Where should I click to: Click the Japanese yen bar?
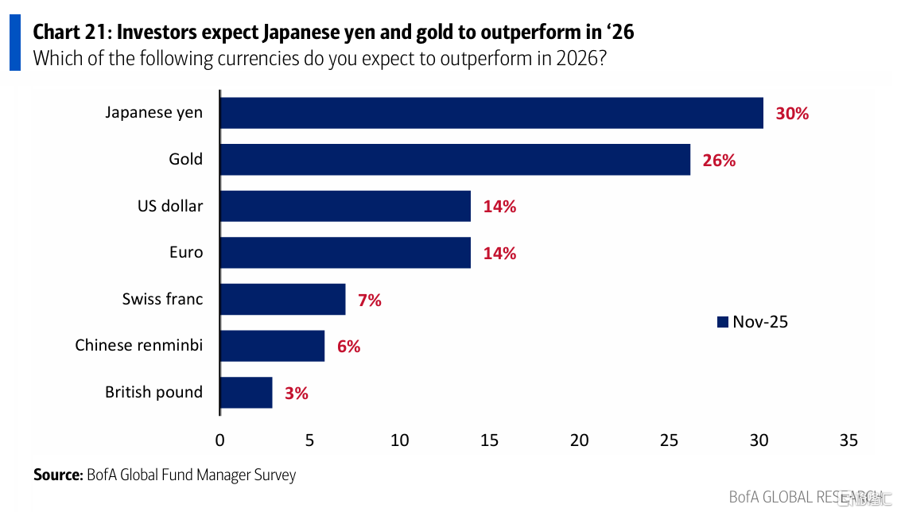point(491,113)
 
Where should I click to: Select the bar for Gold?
point(455,159)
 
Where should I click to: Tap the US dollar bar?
point(345,206)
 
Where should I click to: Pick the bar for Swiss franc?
point(282,300)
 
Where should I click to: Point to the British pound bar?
point(246,393)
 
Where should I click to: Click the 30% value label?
point(792,114)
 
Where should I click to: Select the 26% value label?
point(719,160)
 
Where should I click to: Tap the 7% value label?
point(369,301)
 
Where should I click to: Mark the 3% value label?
point(296,393)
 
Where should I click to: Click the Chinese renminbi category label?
point(138,346)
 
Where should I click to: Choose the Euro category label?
point(186,253)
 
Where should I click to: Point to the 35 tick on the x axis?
point(848,440)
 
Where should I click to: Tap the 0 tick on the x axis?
point(220,440)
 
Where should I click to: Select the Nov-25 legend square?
point(723,322)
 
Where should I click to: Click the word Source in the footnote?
point(57,475)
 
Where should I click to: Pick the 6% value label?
point(348,347)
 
